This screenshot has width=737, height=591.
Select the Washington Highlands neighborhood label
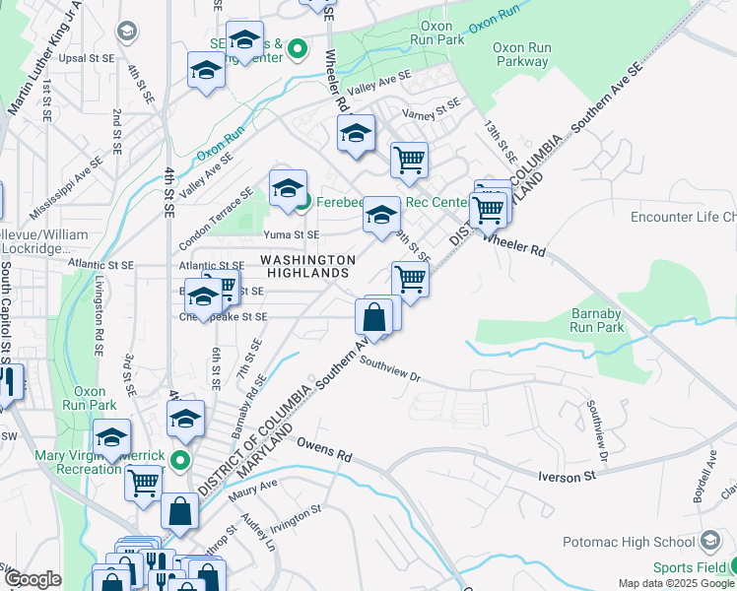coord(307,266)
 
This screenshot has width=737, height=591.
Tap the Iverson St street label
coord(568,476)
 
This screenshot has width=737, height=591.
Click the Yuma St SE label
coord(291,234)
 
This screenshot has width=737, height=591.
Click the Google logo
coord(32,579)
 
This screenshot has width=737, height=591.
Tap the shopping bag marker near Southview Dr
coord(373,317)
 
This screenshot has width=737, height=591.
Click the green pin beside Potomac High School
coord(710,541)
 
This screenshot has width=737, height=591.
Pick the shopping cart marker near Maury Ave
coord(144,483)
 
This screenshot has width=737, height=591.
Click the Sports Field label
coord(686,568)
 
